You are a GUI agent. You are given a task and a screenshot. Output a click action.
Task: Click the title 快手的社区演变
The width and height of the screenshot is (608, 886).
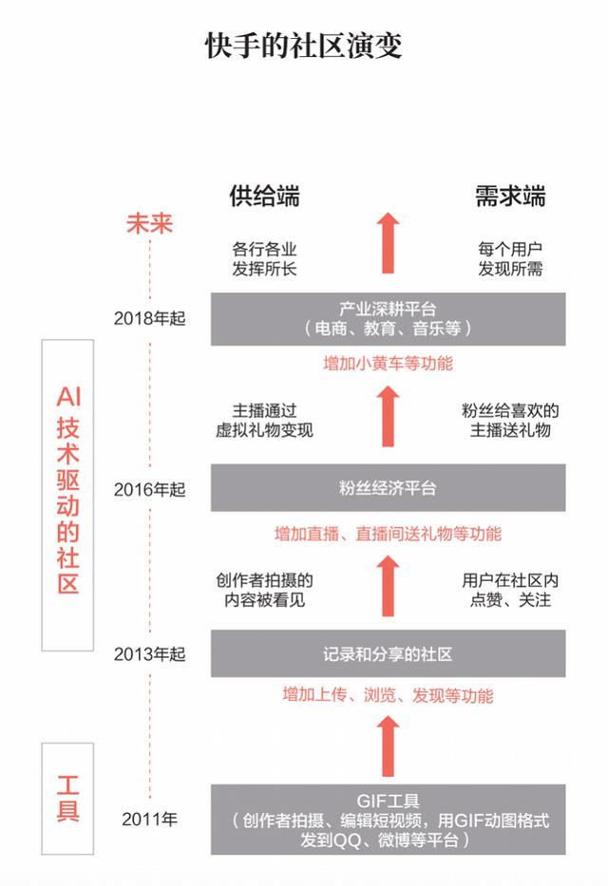[x=303, y=46]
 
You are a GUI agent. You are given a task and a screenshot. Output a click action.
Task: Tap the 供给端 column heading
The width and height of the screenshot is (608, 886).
[x=264, y=196]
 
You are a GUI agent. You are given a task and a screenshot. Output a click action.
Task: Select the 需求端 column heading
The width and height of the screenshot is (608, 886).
[x=510, y=196]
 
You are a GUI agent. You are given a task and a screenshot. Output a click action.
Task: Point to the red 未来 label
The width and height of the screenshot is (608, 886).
[x=149, y=224]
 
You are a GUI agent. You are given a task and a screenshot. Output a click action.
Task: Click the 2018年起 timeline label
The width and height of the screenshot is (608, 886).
[x=150, y=319]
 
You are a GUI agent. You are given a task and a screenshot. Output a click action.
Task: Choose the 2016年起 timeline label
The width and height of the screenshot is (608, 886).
[x=150, y=489]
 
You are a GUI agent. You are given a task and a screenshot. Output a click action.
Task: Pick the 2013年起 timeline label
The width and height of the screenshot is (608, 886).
[x=150, y=654]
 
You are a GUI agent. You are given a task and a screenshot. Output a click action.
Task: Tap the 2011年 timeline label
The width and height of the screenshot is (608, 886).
[x=150, y=819]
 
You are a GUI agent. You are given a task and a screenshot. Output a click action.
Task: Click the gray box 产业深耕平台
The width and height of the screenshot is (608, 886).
[x=389, y=319]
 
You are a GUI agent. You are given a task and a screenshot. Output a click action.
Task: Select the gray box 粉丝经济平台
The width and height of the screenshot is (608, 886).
[x=389, y=488]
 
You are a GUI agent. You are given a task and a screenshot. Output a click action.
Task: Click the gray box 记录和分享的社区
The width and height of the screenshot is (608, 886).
[x=389, y=653]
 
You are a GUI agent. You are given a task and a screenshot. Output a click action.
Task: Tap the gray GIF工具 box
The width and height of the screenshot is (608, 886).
[x=389, y=820]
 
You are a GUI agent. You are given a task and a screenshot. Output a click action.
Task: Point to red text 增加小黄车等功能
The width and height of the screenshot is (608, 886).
[x=389, y=364]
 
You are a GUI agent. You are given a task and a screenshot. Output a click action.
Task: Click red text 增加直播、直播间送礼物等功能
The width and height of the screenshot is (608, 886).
[x=389, y=534]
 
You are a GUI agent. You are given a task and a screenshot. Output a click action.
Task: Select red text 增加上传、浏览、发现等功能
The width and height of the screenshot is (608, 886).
[x=389, y=695]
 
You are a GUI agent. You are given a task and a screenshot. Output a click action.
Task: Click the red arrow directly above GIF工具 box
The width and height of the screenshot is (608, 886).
[x=389, y=745]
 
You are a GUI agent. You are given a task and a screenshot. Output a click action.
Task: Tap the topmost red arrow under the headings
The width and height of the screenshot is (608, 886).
[x=389, y=243]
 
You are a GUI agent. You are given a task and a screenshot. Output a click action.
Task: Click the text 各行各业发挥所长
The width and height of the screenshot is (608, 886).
[x=264, y=259]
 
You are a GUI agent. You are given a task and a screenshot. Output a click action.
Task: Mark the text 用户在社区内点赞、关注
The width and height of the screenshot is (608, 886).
[x=510, y=590]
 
